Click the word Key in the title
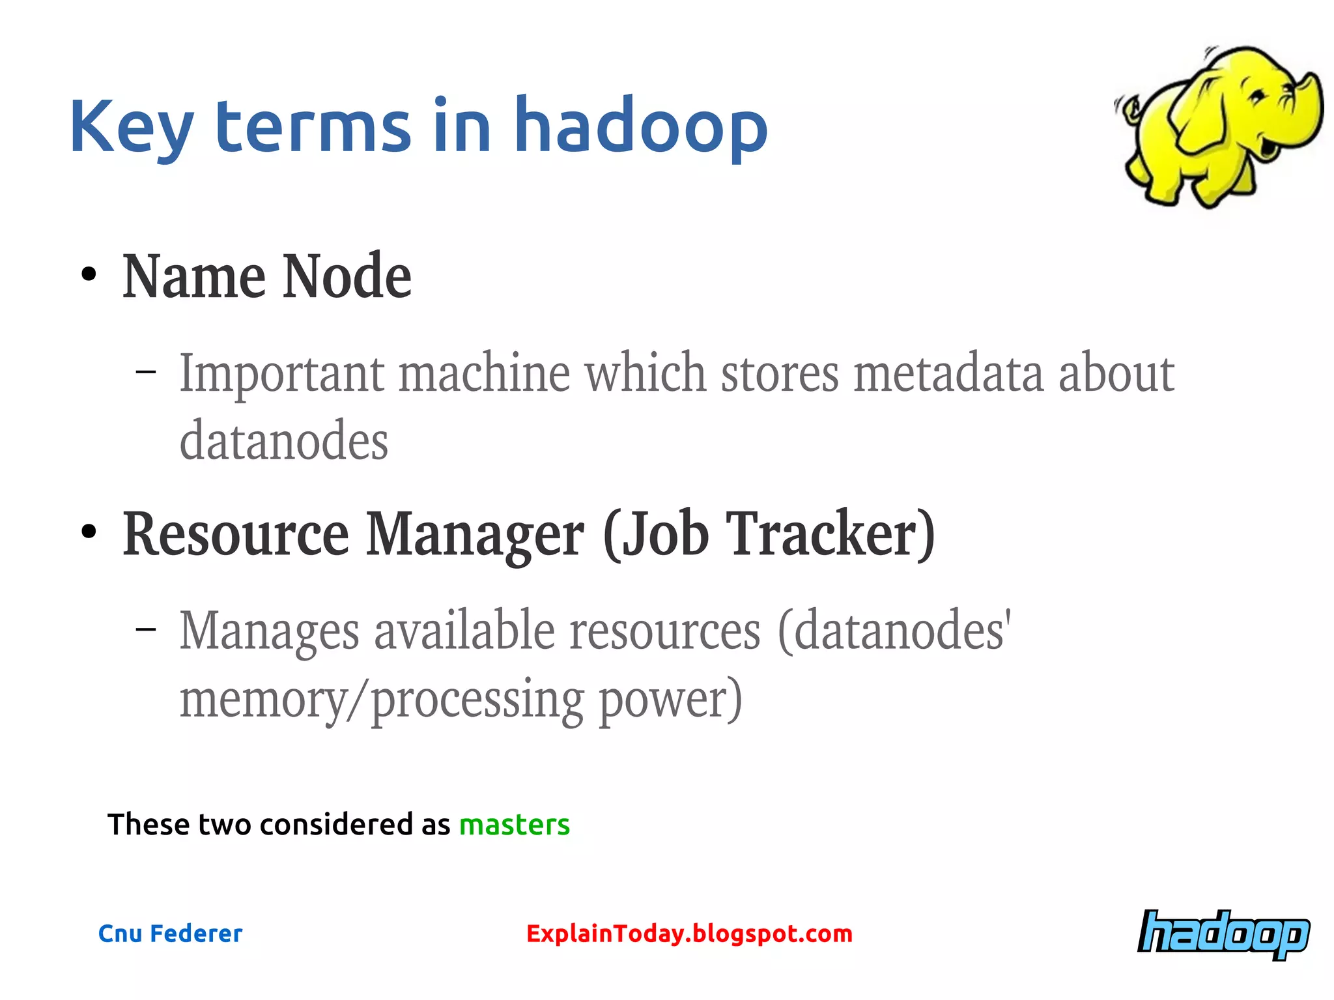click(x=130, y=127)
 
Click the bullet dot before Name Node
click(x=89, y=275)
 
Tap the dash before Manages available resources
click(x=146, y=629)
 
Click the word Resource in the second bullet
click(x=236, y=534)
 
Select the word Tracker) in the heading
click(x=830, y=534)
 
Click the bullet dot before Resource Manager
click(x=89, y=532)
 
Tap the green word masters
click(x=514, y=825)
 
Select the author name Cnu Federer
click(x=170, y=934)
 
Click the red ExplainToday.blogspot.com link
click(x=689, y=934)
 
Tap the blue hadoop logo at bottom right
click(x=1223, y=934)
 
